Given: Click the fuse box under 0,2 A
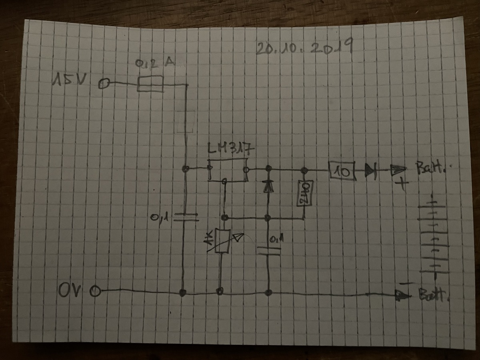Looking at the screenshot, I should [150, 84].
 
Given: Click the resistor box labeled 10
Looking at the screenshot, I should [342, 171].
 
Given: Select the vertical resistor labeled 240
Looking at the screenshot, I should [304, 193].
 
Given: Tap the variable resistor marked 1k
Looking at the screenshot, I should [221, 241].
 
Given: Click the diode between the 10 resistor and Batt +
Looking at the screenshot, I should [370, 172].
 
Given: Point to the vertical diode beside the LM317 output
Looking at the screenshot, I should [268, 185].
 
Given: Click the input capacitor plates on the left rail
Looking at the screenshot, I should [186, 217].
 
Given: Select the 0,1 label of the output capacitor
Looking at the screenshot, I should [276, 240].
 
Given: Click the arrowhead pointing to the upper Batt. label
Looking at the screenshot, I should [398, 171].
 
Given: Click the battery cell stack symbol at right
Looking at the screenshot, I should [433, 236].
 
